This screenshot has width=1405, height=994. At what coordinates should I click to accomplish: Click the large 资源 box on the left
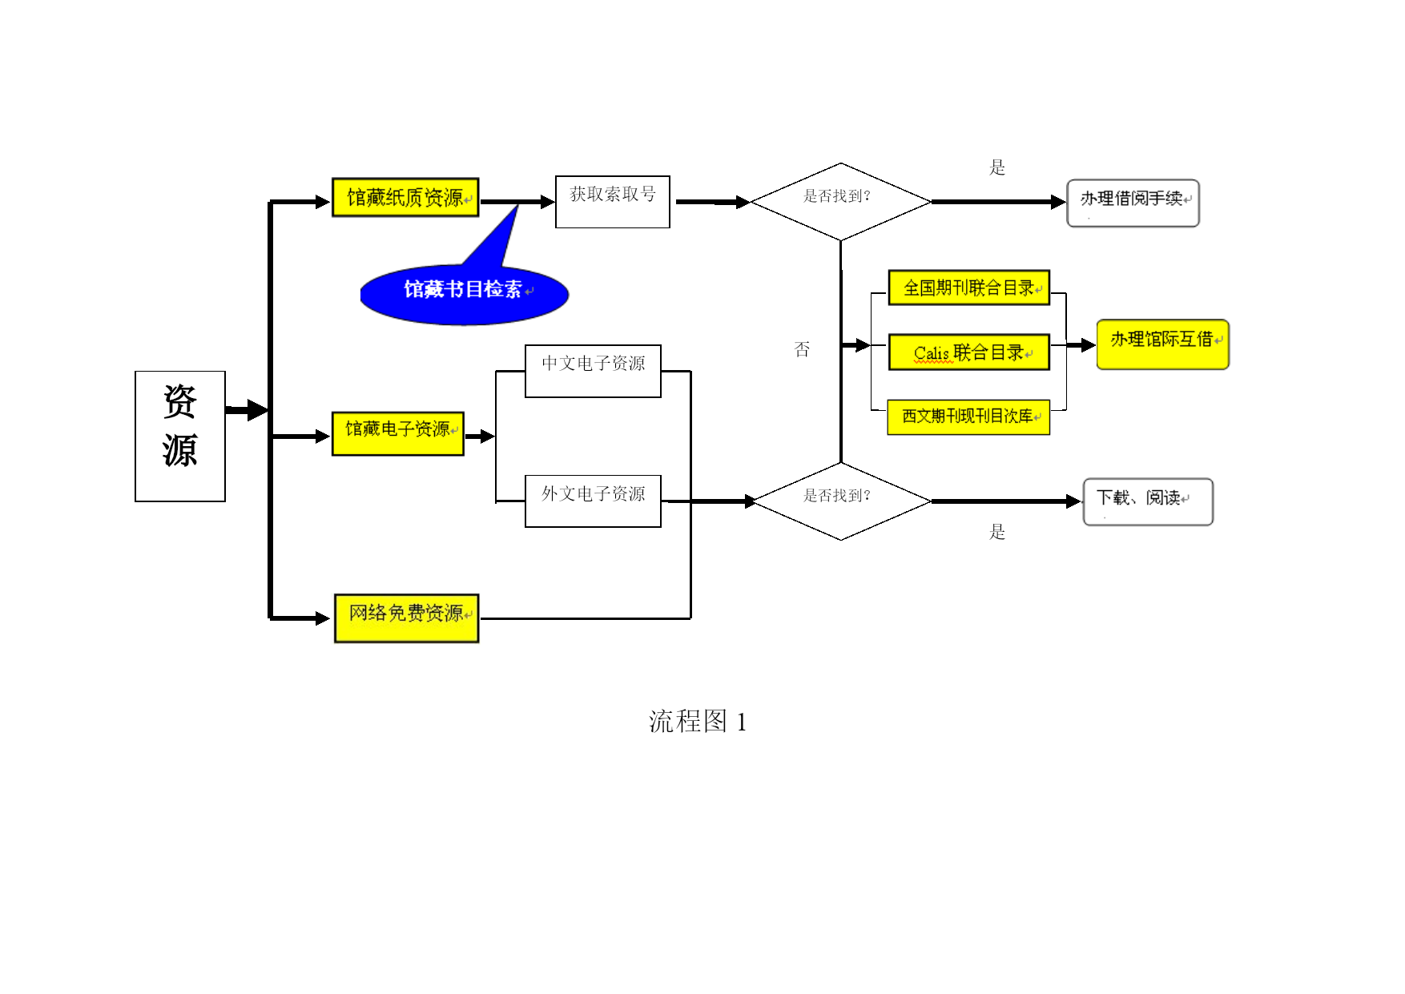coord(180,437)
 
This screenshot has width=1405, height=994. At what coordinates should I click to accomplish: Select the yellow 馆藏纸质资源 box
coord(405,197)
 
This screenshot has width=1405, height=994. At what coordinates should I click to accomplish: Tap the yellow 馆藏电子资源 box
coord(398,433)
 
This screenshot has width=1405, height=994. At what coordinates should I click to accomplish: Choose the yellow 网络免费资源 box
coord(407,618)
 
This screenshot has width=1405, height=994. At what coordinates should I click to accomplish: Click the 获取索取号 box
coord(613,202)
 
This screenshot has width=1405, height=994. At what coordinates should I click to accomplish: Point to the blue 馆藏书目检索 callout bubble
coord(465,293)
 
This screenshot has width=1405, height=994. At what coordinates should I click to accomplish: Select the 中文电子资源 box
coord(593,371)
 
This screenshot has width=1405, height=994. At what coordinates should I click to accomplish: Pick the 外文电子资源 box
coord(593,501)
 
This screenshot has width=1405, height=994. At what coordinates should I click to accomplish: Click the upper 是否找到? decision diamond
coord(840,202)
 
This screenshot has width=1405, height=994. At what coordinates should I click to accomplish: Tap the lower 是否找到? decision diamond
coord(841,501)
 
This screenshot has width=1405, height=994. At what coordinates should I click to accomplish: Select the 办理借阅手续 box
coord(1133,203)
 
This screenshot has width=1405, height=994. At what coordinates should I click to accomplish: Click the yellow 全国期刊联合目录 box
coord(969,288)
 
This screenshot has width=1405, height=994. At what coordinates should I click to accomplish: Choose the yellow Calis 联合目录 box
coord(969,352)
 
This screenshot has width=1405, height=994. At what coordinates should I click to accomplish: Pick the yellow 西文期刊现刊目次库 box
coord(968,417)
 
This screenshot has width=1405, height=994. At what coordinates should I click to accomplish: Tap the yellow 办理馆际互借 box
coord(1162,344)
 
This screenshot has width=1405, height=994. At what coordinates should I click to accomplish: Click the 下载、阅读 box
coord(1148,501)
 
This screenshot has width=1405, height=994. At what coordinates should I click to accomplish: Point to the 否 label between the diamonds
coord(802,349)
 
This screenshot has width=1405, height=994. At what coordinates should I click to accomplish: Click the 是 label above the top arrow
coord(997,167)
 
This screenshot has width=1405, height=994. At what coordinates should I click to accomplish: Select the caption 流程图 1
coord(698,722)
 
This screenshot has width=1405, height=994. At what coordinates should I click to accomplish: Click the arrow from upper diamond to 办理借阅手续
coord(999,202)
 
